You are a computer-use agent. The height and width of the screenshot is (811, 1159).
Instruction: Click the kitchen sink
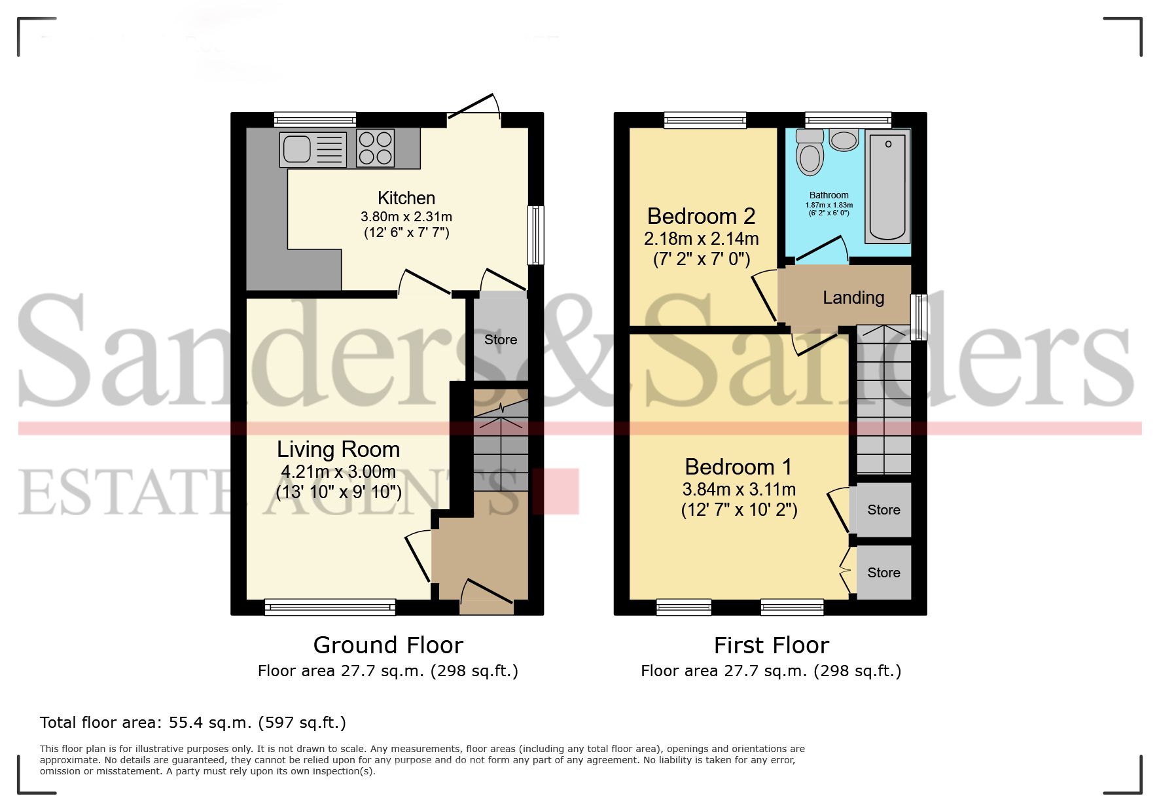pyautogui.click(x=313, y=149)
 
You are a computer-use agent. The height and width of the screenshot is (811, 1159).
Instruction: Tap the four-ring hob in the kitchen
pyautogui.click(x=376, y=149)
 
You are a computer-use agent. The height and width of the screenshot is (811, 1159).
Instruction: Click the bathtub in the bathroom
pyautogui.click(x=887, y=187)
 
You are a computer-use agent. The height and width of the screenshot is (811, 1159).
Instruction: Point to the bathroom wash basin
pyautogui.click(x=844, y=139)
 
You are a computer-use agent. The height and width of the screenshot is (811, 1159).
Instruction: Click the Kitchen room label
pyautogui.click(x=406, y=198)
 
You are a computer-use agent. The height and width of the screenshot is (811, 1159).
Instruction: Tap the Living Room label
pyautogui.click(x=338, y=450)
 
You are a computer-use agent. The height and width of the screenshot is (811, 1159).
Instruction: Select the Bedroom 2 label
pyautogui.click(x=701, y=216)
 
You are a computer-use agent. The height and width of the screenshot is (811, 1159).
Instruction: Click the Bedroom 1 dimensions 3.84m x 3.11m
pyautogui.click(x=739, y=489)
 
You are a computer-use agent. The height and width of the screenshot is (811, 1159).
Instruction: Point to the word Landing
pyautogui.click(x=853, y=298)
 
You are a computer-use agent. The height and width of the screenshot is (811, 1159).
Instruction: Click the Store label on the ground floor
pyautogui.click(x=501, y=340)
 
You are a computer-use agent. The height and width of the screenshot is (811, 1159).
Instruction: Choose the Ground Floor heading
pyautogui.click(x=388, y=645)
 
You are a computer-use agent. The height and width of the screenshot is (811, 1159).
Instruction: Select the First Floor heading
pyautogui.click(x=771, y=645)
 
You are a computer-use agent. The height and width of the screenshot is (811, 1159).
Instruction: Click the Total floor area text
pyautogui.click(x=192, y=723)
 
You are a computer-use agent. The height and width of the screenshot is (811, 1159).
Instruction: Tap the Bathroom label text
pyautogui.click(x=829, y=195)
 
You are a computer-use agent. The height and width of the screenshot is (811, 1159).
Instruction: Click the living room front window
pyautogui.click(x=330, y=607)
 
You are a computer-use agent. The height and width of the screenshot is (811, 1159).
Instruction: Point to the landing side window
pyautogui.click(x=919, y=317)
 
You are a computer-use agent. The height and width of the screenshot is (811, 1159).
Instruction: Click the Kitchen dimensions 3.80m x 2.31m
pyautogui.click(x=406, y=217)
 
